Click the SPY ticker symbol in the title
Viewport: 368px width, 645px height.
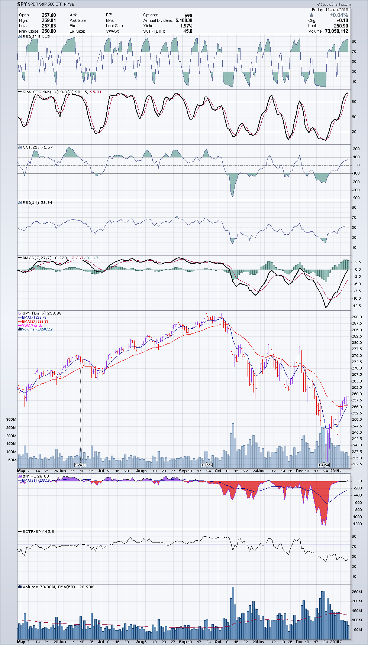(x=22, y=4)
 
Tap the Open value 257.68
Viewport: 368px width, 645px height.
(x=49, y=15)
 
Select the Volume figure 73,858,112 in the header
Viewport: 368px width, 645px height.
(x=336, y=31)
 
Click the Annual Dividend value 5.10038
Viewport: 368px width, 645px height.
(x=184, y=20)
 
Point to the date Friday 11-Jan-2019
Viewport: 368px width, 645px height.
(x=330, y=10)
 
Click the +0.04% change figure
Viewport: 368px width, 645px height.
(x=339, y=15)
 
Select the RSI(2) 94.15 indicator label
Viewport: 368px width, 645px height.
(x=36, y=37)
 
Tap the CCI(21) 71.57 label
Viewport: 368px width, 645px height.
(x=38, y=147)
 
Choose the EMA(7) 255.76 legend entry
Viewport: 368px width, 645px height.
(x=34, y=317)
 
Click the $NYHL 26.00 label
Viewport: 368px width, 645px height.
(x=36, y=476)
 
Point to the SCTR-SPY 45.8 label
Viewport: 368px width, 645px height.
(x=38, y=531)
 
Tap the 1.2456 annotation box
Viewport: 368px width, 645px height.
(x=80, y=465)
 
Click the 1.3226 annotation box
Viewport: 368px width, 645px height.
(x=207, y=465)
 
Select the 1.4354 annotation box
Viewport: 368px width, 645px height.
(x=324, y=465)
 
